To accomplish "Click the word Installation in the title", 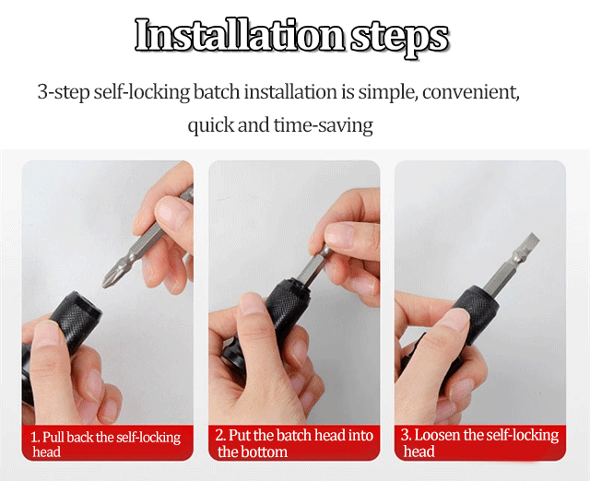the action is tap(240, 35).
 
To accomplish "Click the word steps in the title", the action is tap(399, 38).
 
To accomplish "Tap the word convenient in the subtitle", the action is tap(471, 92).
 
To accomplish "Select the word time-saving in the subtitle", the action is tap(324, 125).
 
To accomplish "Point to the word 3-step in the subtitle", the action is tap(64, 92).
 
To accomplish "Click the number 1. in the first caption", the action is tap(35, 438).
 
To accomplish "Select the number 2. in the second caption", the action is tap(221, 435).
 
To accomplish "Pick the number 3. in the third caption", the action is tap(406, 435).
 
